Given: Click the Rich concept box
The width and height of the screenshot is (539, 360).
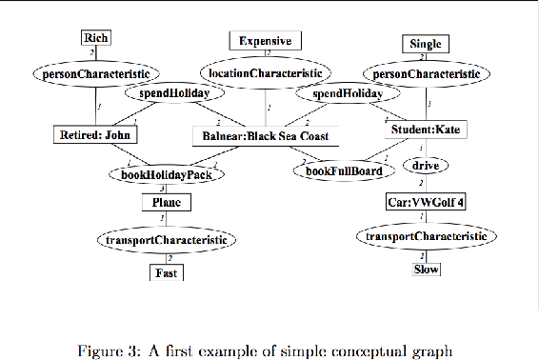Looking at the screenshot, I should pos(95,38).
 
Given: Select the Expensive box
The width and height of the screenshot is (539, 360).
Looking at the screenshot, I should pos(266,41).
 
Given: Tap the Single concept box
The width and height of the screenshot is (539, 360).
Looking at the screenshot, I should pos(424,44).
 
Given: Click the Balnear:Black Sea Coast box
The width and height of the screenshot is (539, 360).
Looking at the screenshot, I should pos(264,136).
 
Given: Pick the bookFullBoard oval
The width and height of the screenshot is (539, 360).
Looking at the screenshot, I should pos(343,171).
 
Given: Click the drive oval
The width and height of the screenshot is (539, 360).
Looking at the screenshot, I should pos(420,166).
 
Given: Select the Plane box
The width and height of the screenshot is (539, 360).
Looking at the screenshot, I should pos(167,202).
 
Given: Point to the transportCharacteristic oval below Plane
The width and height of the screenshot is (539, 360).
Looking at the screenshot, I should pos(167,240).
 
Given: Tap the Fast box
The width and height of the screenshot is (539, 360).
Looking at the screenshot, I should pos(167,273).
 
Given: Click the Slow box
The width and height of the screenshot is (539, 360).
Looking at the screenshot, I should pos(426,270).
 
